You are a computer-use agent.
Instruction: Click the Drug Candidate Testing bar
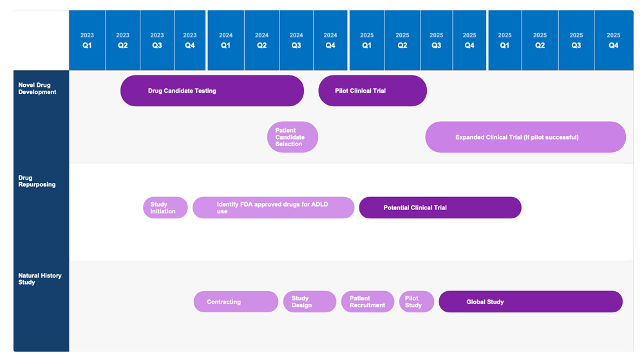[212, 91]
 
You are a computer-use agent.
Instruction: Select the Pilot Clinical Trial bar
[372, 91]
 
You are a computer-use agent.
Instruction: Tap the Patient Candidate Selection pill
[292, 137]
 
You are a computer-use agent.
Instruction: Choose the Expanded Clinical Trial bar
[525, 137]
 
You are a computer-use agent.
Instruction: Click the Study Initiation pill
[165, 208]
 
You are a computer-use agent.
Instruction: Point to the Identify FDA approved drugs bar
[273, 208]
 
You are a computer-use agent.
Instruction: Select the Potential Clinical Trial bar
[440, 208]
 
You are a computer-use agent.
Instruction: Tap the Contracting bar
[236, 302]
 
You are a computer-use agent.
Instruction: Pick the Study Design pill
[309, 302]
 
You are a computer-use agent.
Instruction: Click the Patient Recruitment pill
[367, 302]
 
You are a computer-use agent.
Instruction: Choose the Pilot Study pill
[416, 302]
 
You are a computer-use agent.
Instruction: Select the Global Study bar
[530, 302]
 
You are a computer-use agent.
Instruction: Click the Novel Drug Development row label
[37, 89]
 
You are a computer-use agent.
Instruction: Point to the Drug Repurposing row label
[37, 181]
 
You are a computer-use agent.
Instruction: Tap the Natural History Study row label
[39, 279]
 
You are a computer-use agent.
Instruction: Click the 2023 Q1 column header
[87, 41]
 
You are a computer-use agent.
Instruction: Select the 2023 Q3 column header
[156, 41]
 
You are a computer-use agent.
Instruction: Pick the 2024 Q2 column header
[261, 41]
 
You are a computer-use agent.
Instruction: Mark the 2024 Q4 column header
[330, 41]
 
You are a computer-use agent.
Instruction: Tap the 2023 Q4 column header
[189, 41]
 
